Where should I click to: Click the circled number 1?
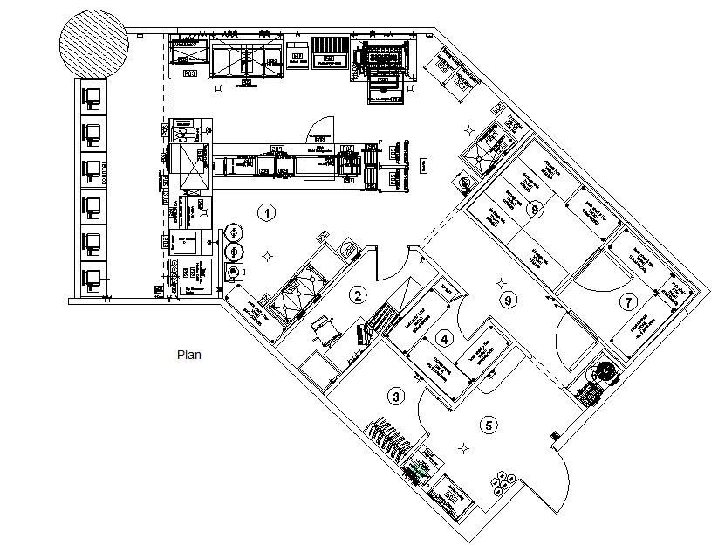click(269, 211)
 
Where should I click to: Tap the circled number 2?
click(357, 295)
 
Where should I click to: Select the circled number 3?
click(397, 396)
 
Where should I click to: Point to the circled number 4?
click(445, 338)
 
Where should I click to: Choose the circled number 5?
click(489, 425)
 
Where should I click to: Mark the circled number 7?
click(626, 302)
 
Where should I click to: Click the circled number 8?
click(537, 209)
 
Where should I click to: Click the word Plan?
click(189, 355)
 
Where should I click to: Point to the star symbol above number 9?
click(500, 281)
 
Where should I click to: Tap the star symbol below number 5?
click(465, 449)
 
